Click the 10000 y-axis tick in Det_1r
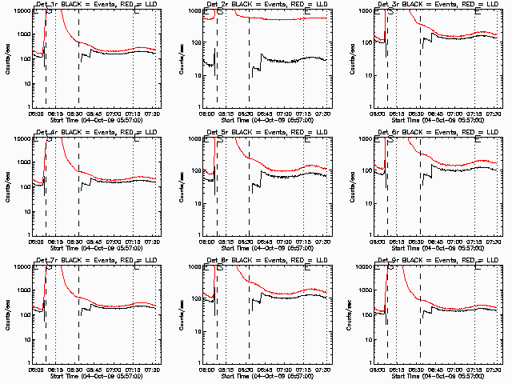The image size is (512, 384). click(19, 10)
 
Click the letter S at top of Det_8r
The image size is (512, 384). click(220, 268)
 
